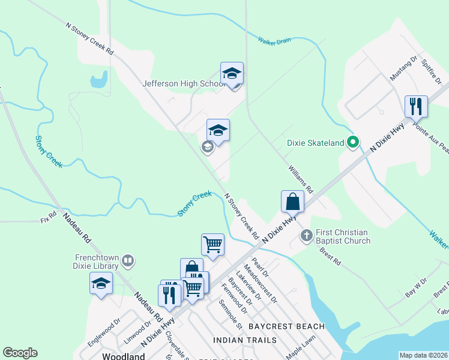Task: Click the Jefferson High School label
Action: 183,84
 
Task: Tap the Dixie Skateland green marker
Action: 354,142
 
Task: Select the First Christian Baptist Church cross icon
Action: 306,235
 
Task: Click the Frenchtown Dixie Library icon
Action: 127,260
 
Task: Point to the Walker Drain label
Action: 274,41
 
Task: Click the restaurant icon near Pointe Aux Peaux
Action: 415,106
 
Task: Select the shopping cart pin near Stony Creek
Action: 212,244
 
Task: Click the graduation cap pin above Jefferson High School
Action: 232,73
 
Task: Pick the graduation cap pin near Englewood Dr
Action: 101,283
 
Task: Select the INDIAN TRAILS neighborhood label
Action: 245,340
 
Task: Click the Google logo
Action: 20,353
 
